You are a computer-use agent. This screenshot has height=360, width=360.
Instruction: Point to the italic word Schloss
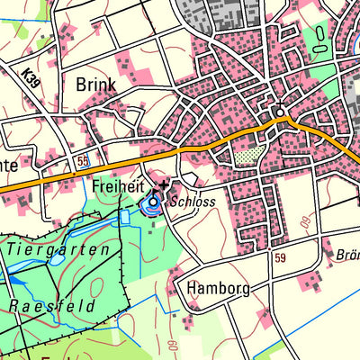pos(193,202)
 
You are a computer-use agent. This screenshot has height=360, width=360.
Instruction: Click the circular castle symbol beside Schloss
pos(153,202)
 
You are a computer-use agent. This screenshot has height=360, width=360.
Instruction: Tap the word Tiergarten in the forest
pos(62,249)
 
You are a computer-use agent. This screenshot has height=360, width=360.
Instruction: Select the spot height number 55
pos(83,160)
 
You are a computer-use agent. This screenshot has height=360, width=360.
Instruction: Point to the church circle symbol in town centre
pos(280,112)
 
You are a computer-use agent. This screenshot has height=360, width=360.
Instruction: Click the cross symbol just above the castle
pos(162,184)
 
